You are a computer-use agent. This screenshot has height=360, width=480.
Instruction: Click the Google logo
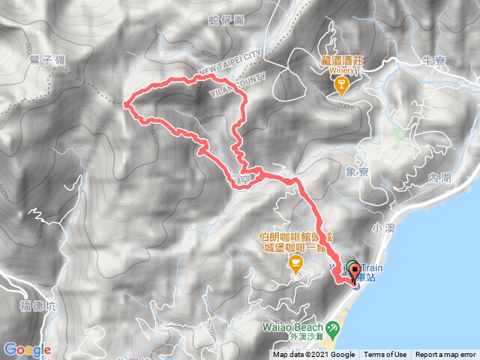pos(27,349)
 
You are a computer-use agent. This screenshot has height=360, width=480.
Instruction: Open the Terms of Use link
pos(385,355)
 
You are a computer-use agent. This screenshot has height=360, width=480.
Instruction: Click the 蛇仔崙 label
pos(228,20)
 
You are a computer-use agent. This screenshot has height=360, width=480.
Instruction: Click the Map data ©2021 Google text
pos(313,355)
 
